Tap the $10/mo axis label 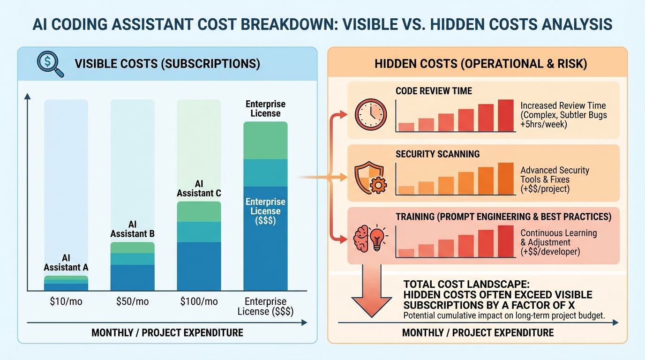pyautogui.click(x=66, y=301)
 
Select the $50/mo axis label pyautogui.click(x=133, y=301)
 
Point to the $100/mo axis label pyautogui.click(x=199, y=301)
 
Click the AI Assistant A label pyautogui.click(x=66, y=262)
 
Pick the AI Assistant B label pyautogui.click(x=132, y=229)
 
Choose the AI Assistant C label pyautogui.click(x=199, y=188)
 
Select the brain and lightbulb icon pyautogui.click(x=370, y=239)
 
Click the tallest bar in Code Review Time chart pyautogui.click(x=506, y=115)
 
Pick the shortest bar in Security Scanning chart pyautogui.click(x=406, y=190)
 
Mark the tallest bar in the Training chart pyautogui.click(x=506, y=241)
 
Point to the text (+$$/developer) pyautogui.click(x=550, y=252)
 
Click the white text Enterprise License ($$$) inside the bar pyautogui.click(x=265, y=211)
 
